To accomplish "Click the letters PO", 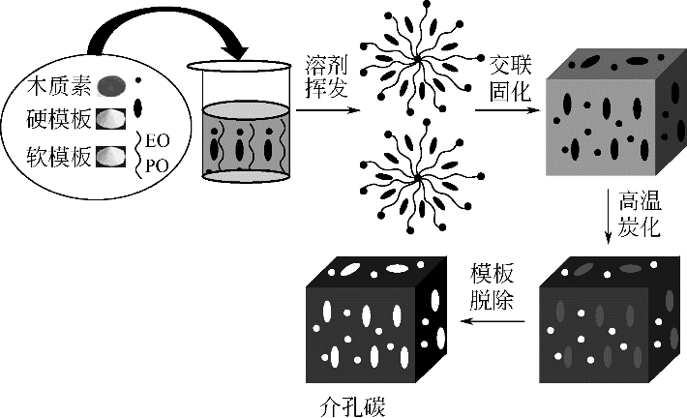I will [160, 166].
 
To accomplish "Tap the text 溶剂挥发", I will [322, 73].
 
